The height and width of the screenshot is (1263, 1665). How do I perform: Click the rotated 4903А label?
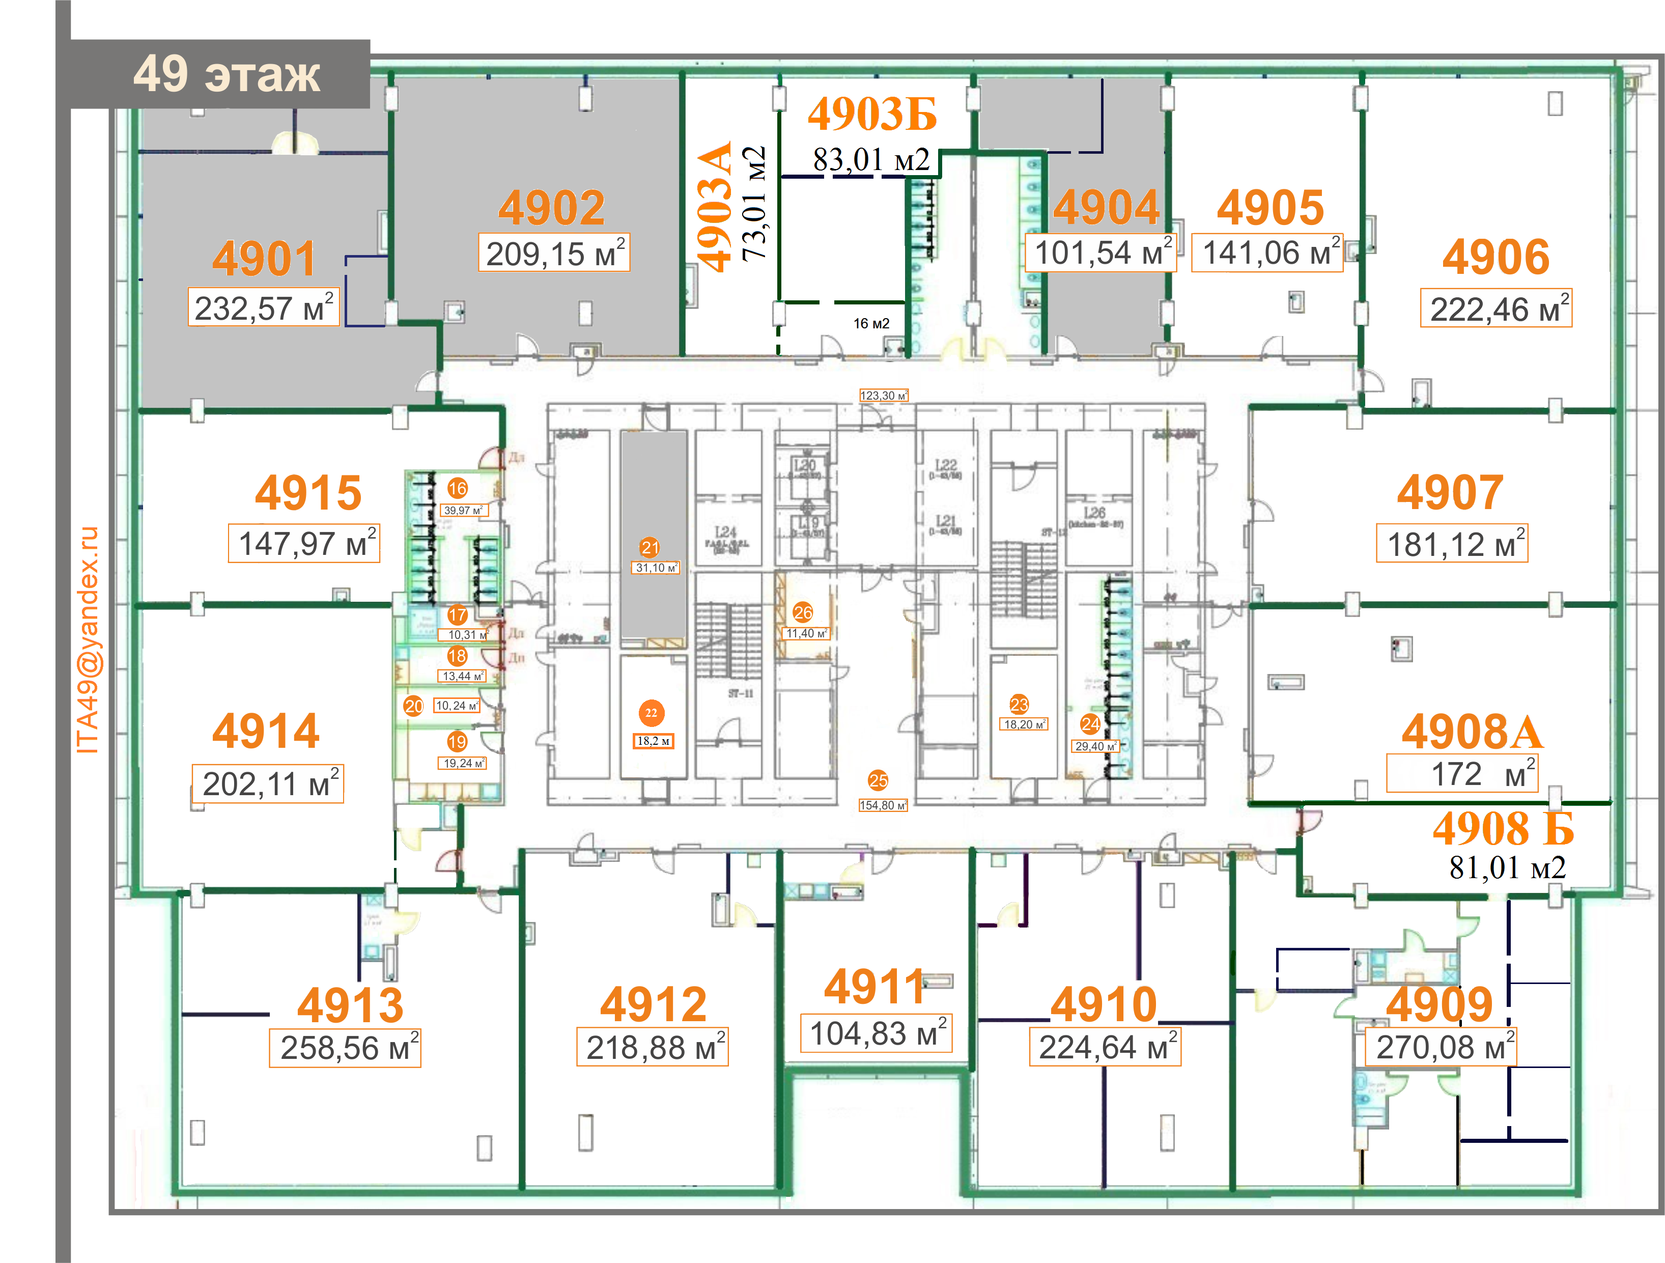point(714,207)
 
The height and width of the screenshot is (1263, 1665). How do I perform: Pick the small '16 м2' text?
point(871,324)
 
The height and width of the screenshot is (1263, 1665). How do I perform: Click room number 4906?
point(1495,258)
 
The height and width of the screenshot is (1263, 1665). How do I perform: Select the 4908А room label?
point(1472,732)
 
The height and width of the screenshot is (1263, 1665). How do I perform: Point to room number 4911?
point(874,987)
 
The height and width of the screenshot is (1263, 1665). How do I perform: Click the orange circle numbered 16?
point(458,489)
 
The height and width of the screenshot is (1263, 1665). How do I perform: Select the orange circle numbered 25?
point(878,780)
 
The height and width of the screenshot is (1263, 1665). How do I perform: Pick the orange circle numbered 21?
point(650,548)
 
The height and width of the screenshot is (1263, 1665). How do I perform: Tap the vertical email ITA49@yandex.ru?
point(88,640)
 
